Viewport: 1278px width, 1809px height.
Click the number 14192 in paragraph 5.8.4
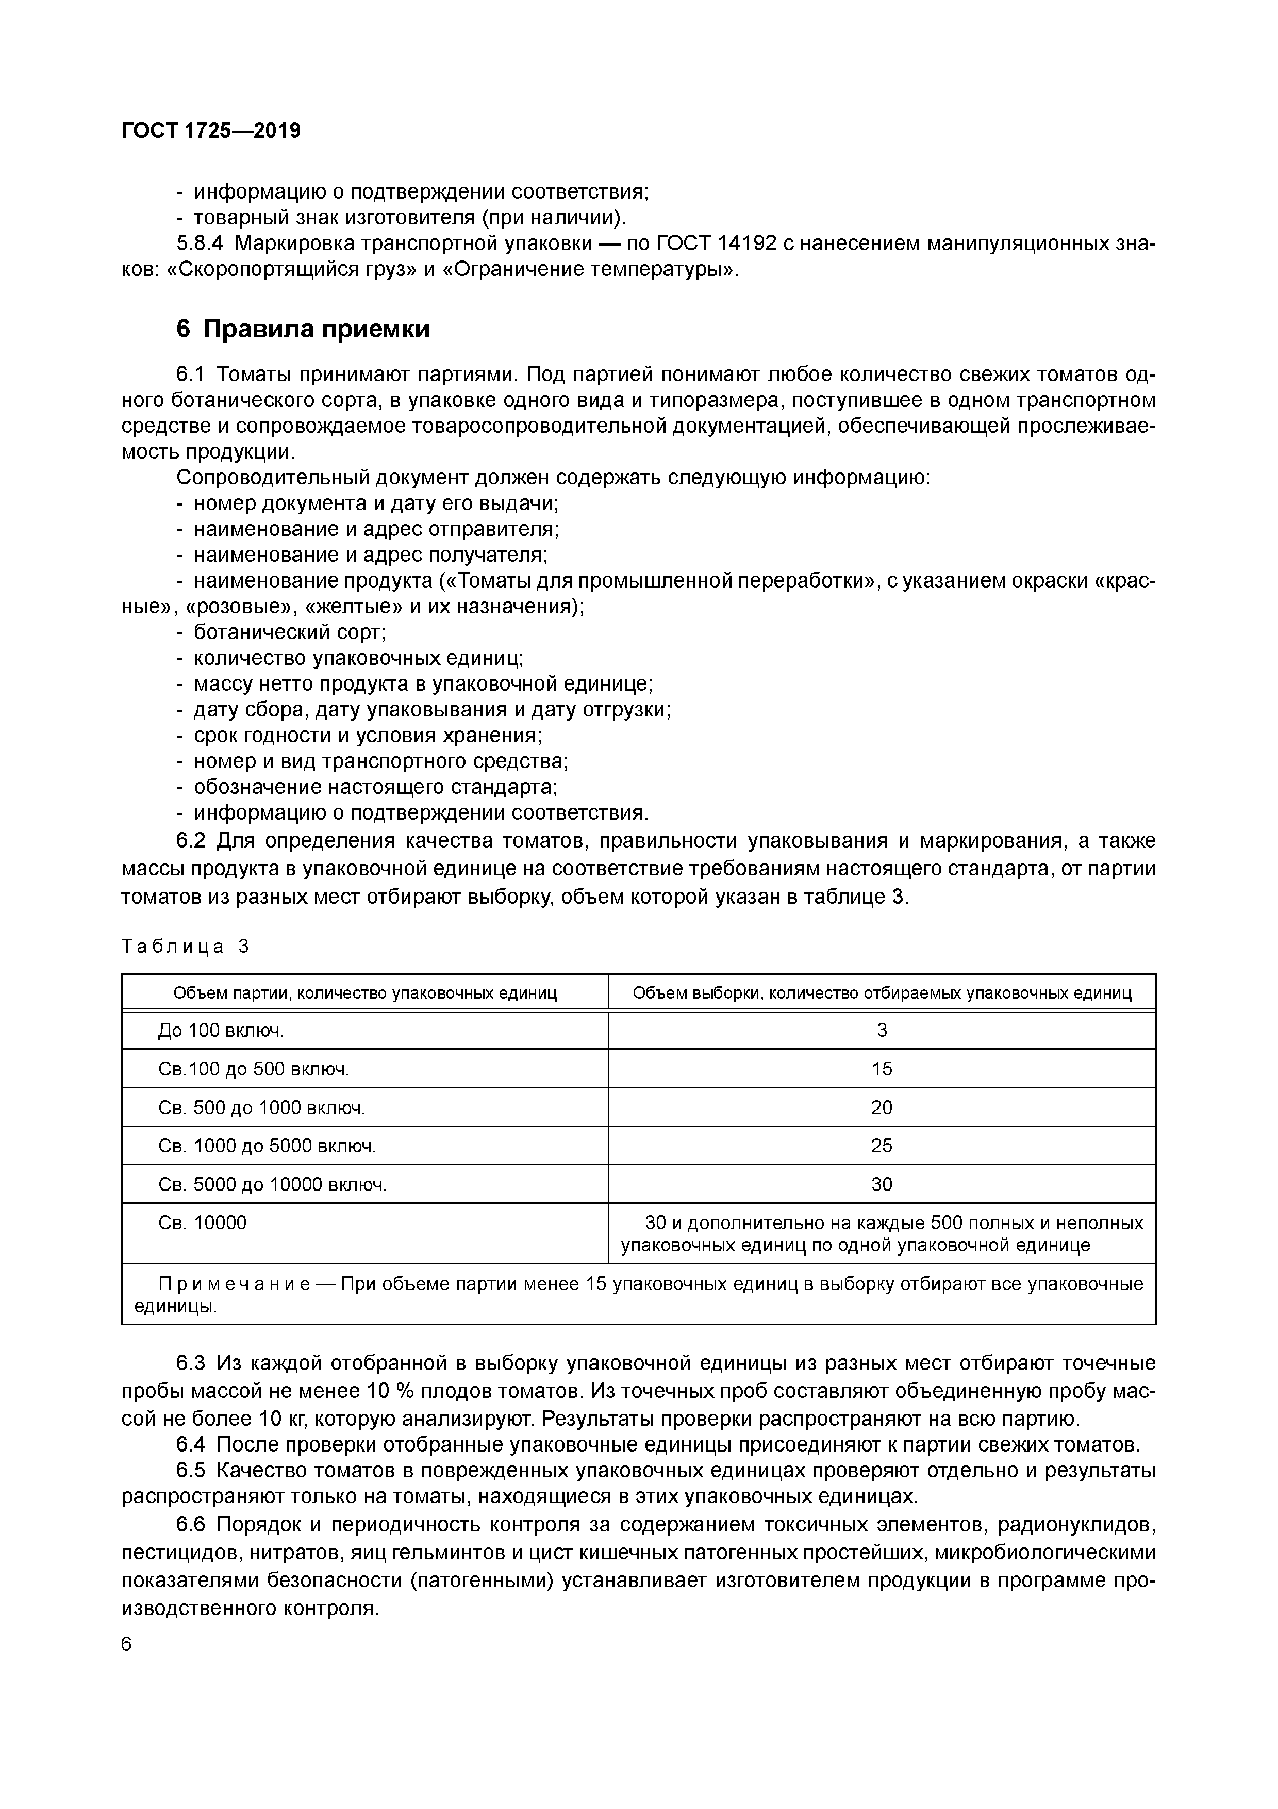[x=737, y=243]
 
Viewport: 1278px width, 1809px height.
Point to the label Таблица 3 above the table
[x=185, y=946]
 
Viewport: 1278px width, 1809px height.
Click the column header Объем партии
[x=364, y=993]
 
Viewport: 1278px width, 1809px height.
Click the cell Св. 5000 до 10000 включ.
[x=272, y=1184]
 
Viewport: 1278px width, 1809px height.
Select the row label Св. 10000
[x=203, y=1223]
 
